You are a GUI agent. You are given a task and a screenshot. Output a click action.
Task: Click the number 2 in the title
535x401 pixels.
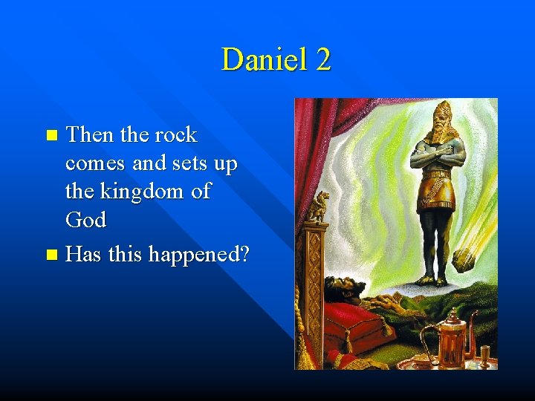[x=322, y=59]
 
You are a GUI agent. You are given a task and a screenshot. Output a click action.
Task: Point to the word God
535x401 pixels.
[x=85, y=220]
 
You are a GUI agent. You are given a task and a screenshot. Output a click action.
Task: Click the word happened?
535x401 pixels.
[x=199, y=255]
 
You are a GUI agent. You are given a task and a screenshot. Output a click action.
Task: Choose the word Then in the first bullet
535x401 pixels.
[x=88, y=135]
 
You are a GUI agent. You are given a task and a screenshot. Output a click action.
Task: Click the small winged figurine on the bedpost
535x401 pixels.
[x=320, y=207]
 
